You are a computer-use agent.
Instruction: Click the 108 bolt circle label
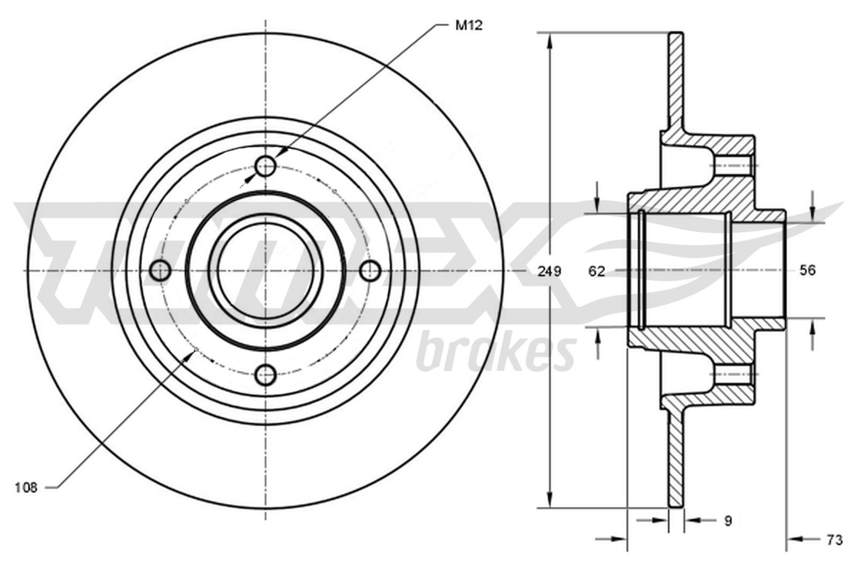click(x=26, y=487)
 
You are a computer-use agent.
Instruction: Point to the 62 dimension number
click(x=596, y=271)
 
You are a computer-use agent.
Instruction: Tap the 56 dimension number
click(x=807, y=270)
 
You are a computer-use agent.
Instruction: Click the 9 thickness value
click(x=727, y=520)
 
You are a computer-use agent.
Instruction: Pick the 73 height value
click(x=835, y=540)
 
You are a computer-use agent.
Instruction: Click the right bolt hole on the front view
click(x=370, y=271)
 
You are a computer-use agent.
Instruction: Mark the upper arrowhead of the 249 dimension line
click(x=549, y=41)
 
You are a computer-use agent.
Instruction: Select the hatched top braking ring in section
click(x=676, y=80)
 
